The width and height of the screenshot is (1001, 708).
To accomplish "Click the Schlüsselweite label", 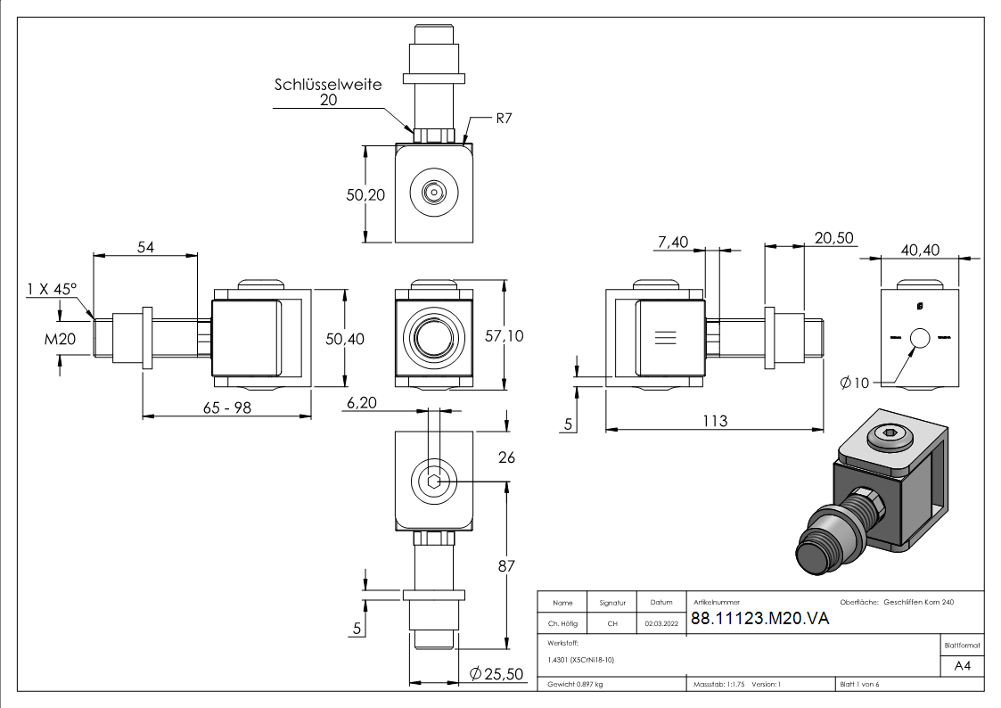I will pyautogui.click(x=327, y=85).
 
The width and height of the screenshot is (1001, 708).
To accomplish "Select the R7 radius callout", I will pyautogui.click(x=504, y=118).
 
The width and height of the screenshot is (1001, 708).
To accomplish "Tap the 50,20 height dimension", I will pyautogui.click(x=365, y=193).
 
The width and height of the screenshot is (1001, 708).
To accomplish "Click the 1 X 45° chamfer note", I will pyautogui.click(x=52, y=289).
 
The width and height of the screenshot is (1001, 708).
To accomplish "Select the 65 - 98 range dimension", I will pyautogui.click(x=226, y=405).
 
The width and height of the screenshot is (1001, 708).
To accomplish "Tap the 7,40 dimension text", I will pyautogui.click(x=673, y=241).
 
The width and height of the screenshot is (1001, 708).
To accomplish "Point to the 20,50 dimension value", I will pyautogui.click(x=833, y=237).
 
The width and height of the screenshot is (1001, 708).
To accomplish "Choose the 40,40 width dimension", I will pyautogui.click(x=920, y=250).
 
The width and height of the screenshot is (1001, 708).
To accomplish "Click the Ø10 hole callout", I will pyautogui.click(x=854, y=383).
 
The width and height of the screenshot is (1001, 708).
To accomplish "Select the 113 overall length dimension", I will pyautogui.click(x=715, y=421).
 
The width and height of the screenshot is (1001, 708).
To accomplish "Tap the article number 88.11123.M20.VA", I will pyautogui.click(x=759, y=620).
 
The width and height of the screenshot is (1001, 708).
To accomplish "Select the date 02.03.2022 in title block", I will pyautogui.click(x=661, y=624).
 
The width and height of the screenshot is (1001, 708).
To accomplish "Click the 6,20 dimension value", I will pyautogui.click(x=361, y=403).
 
